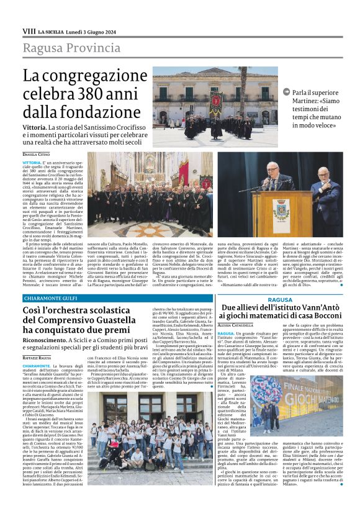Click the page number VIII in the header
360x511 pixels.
[x=29, y=30]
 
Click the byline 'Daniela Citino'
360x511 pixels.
[x=37, y=153]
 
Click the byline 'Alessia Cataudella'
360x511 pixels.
[x=240, y=326]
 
